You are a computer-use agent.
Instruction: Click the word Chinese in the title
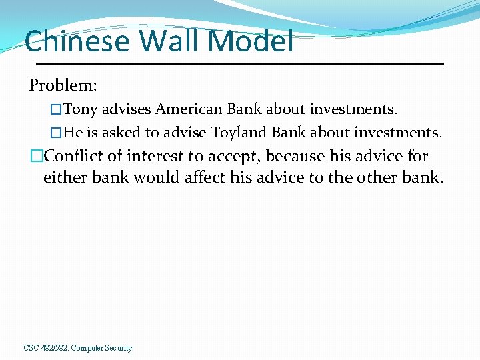77,41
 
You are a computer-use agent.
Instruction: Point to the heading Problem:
63,85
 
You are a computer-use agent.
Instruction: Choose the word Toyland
239,132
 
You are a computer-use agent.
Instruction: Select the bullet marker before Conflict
36,156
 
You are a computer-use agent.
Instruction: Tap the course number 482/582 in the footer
54,348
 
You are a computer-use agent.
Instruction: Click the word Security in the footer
118,348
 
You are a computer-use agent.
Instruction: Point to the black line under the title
239,63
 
